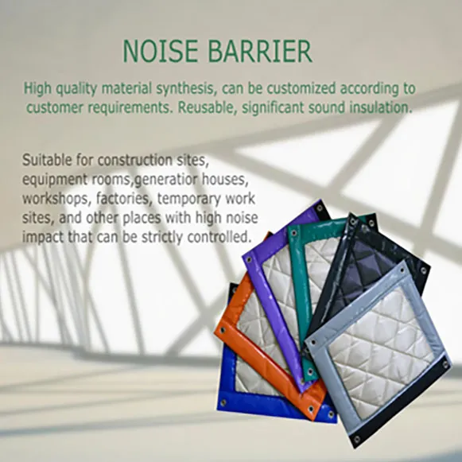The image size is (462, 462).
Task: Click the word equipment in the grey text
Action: tap(54, 180)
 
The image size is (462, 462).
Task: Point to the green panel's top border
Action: tap(318, 227)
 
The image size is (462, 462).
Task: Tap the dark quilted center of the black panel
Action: tap(374, 262)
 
